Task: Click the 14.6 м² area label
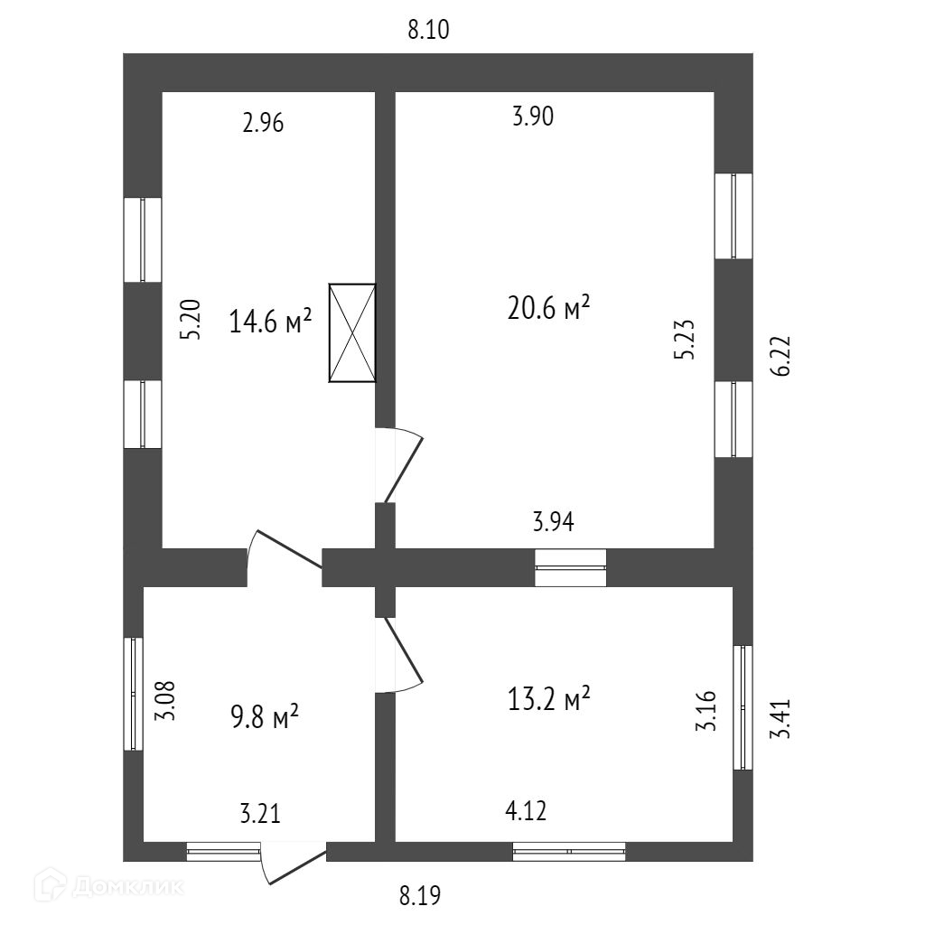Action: tap(270, 322)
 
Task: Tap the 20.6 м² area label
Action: tap(549, 310)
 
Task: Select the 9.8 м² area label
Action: tap(265, 719)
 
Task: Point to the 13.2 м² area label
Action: tap(549, 699)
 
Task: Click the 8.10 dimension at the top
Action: tap(428, 31)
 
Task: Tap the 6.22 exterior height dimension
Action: tap(782, 355)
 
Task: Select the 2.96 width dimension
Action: tap(263, 124)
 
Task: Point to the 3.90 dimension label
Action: tap(532, 117)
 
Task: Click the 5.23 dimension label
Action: tap(684, 339)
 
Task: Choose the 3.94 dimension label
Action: tap(554, 521)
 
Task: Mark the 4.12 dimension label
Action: tap(525, 810)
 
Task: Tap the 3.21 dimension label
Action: tap(260, 814)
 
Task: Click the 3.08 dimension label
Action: tap(164, 700)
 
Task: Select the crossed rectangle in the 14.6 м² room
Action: tap(352, 333)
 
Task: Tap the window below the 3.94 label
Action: tap(570, 567)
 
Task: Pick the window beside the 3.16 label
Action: tap(743, 707)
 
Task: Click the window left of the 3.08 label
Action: tap(134, 694)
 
